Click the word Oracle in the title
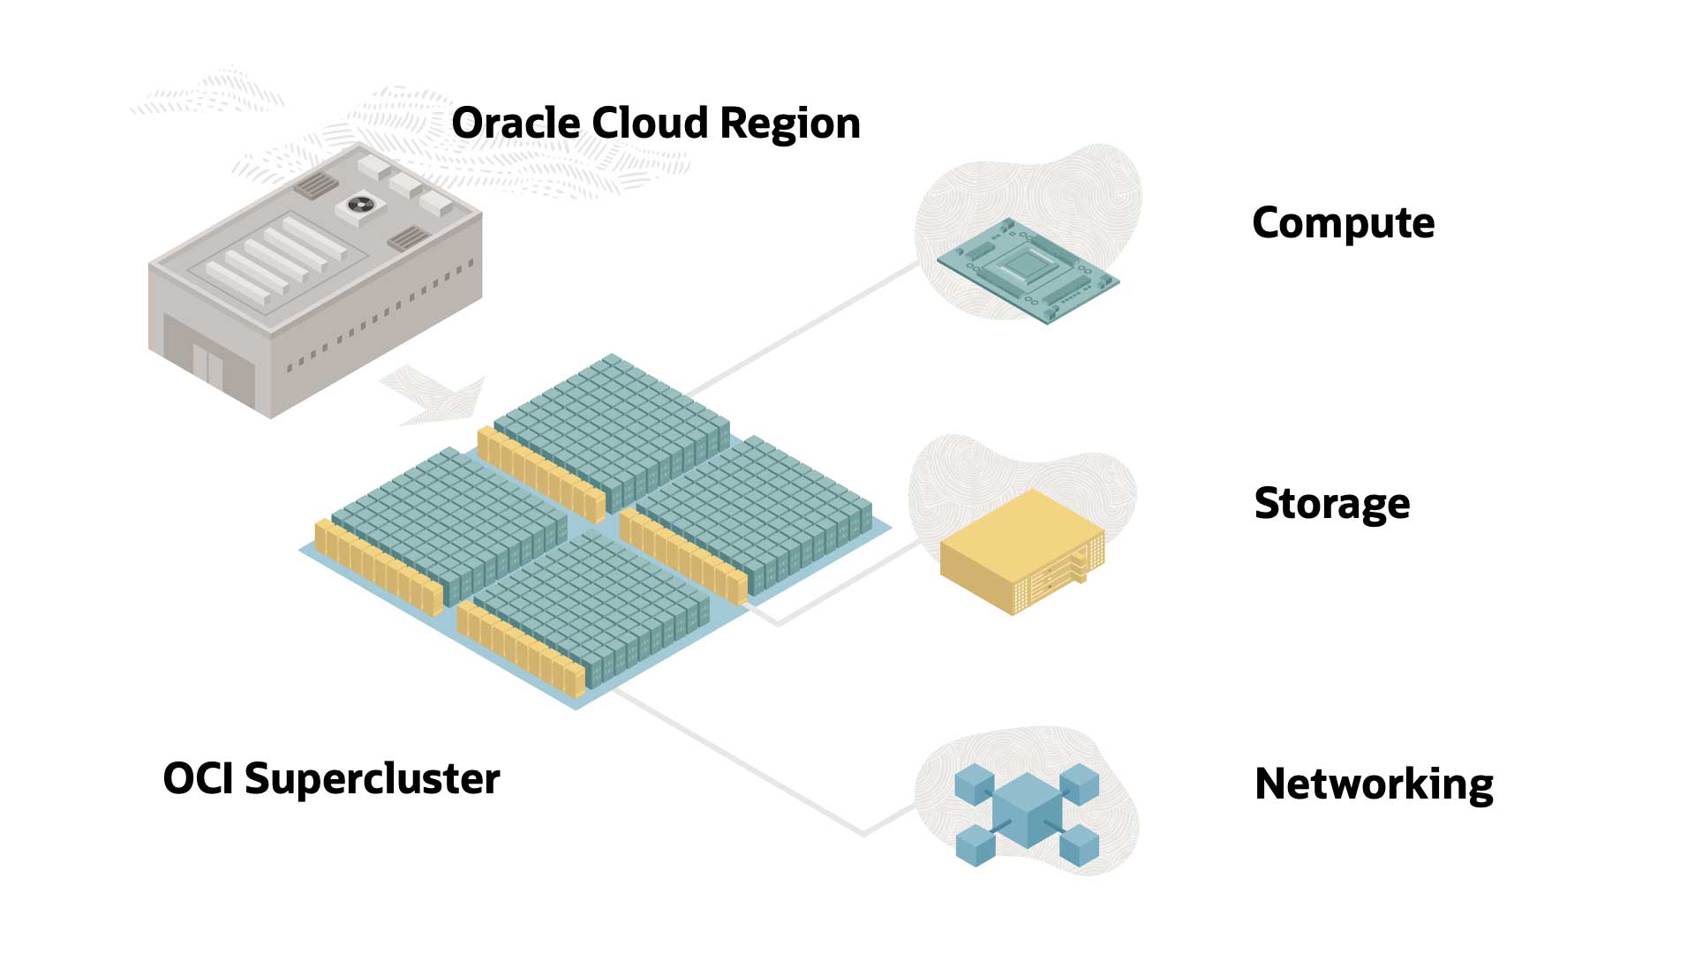(x=516, y=123)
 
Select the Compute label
(x=1343, y=223)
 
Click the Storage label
(x=1331, y=504)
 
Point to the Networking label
(x=1374, y=784)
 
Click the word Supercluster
(x=372, y=779)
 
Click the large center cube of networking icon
(x=1027, y=809)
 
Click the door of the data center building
(x=208, y=364)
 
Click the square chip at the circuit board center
(x=1024, y=263)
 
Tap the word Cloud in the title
(x=650, y=123)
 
